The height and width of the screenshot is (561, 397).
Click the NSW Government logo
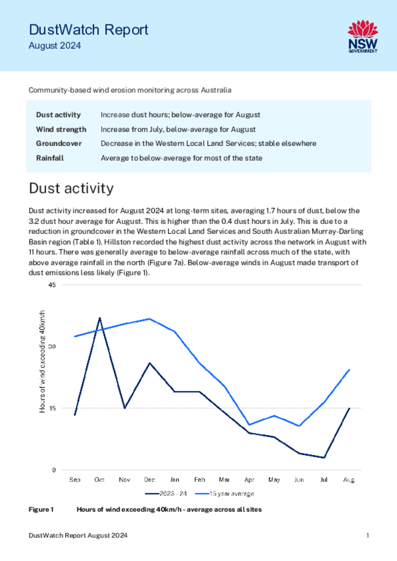click(363, 37)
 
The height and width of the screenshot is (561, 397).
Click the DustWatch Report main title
click(88, 30)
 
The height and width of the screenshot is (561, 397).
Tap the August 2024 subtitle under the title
click(55, 46)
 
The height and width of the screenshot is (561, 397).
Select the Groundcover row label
click(59, 144)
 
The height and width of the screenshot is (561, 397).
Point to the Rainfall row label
click(50, 158)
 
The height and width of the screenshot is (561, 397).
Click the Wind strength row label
click(61, 129)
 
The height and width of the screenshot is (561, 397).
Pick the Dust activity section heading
click(71, 188)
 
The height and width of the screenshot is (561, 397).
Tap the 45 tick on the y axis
click(52, 285)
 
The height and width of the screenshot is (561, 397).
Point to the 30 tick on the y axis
click(52, 347)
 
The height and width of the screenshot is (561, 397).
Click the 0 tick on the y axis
click(54, 470)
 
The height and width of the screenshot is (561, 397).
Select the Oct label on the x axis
click(99, 479)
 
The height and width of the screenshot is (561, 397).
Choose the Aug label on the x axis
click(349, 480)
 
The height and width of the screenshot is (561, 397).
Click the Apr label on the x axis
click(249, 480)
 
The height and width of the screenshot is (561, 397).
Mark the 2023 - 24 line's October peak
click(99, 318)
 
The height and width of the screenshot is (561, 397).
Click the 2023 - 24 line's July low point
click(324, 457)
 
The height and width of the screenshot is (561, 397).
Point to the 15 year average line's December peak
click(150, 319)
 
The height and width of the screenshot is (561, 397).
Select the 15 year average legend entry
click(225, 494)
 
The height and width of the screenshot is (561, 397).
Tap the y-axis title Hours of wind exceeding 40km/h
click(42, 362)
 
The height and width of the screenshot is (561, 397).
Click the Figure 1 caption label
click(41, 510)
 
